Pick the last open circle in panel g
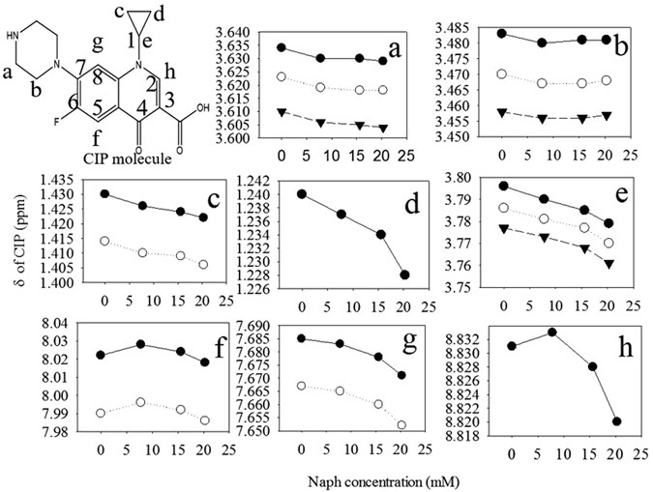point(401,424)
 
